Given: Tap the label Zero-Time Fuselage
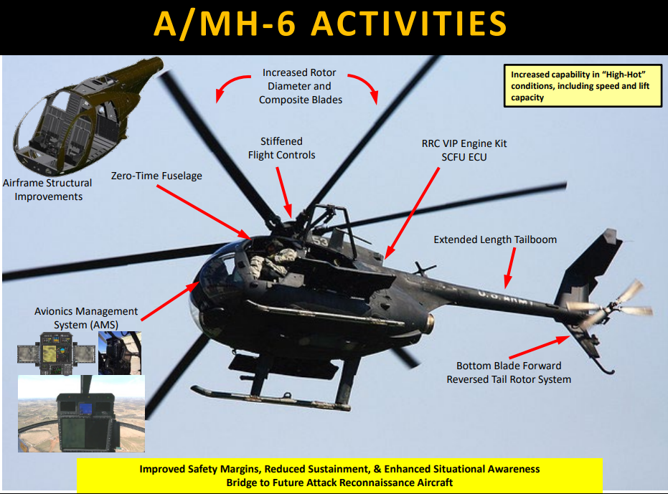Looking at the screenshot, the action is click(x=156, y=176).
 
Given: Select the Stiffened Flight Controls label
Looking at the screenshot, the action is click(x=281, y=148).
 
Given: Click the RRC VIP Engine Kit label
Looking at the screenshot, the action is click(x=464, y=151).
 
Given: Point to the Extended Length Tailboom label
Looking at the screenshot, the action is click(x=495, y=239).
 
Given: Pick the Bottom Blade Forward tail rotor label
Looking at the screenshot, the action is click(x=509, y=373).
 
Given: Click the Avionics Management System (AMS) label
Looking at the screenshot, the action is click(x=86, y=318).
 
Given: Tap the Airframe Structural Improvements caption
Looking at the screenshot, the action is click(x=47, y=189).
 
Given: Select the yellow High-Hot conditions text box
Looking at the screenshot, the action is click(x=583, y=85).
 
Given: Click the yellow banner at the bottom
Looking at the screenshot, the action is click(x=339, y=475).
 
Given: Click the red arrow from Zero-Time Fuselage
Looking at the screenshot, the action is click(x=203, y=212).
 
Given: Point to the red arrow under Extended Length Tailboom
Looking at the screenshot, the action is click(x=509, y=268).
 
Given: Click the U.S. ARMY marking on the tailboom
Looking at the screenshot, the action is click(x=505, y=298).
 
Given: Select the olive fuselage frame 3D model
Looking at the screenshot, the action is click(x=88, y=116).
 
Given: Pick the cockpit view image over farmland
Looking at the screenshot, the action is click(x=81, y=414).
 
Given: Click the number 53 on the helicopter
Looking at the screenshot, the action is click(x=320, y=242).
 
